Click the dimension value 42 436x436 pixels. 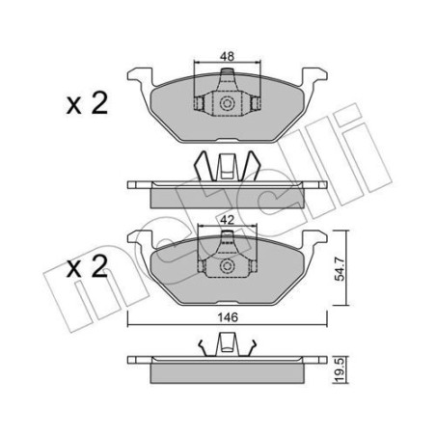tap(228, 220)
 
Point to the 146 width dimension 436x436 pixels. tap(228, 313)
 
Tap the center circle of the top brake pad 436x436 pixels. tap(228, 104)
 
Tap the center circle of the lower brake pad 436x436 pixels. tap(228, 267)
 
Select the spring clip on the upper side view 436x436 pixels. tap(228, 167)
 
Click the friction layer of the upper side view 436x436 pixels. tap(228, 196)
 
